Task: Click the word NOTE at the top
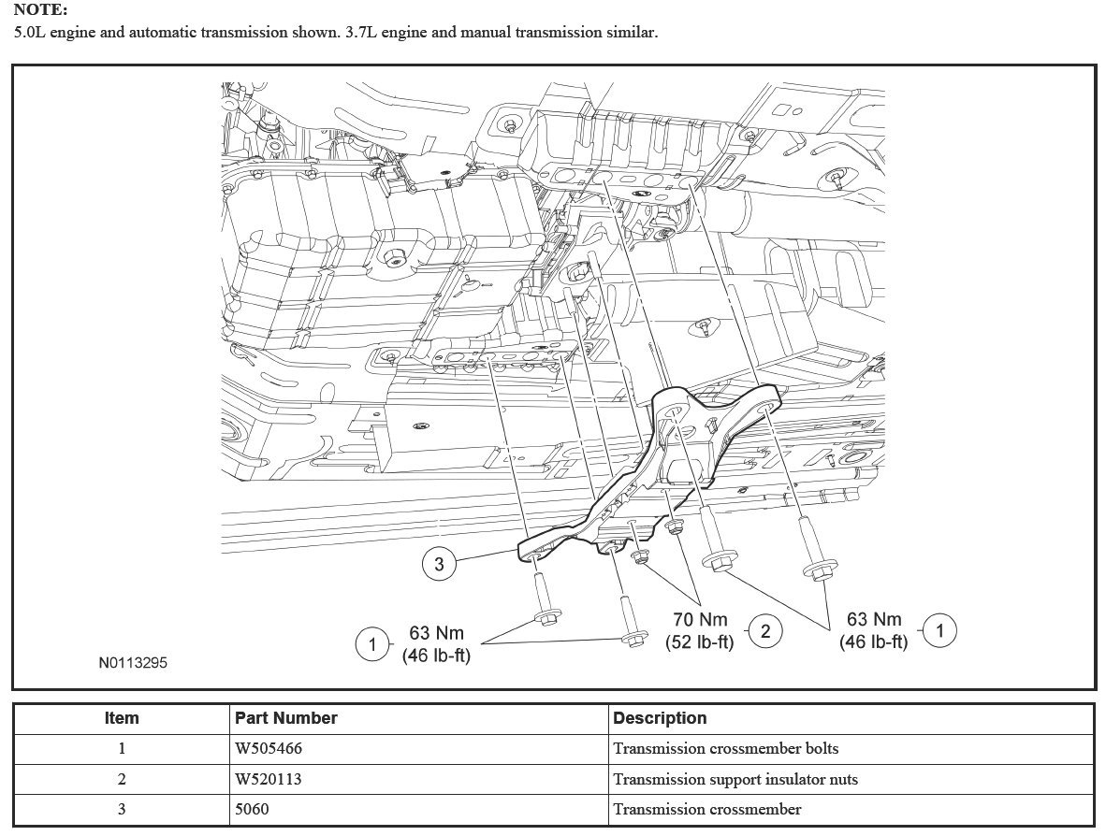click(40, 10)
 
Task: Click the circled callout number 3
click(439, 563)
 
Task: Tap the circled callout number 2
click(765, 631)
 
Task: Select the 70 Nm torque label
click(700, 619)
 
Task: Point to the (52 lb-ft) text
click(700, 642)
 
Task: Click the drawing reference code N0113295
click(134, 663)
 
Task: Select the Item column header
click(122, 718)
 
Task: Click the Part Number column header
click(286, 718)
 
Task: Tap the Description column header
click(660, 718)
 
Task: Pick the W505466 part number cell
click(269, 748)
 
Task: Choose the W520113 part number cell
click(269, 779)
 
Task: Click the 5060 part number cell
click(253, 809)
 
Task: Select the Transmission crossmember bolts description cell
click(725, 748)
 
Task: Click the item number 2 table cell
click(122, 779)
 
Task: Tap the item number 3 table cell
click(122, 809)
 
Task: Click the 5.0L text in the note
click(30, 32)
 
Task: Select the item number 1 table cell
click(122, 748)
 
